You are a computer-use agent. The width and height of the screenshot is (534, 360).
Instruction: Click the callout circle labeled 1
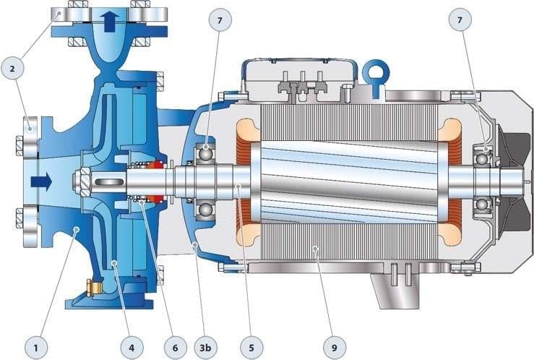(35, 348)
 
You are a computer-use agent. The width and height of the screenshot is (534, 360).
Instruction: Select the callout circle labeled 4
(132, 348)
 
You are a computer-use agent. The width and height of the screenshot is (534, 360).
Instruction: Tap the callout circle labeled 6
(175, 348)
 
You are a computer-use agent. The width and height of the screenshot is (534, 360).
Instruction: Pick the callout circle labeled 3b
(205, 348)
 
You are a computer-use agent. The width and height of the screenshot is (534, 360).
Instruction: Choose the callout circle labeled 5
(251, 348)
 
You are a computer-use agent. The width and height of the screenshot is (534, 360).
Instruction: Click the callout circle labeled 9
(335, 348)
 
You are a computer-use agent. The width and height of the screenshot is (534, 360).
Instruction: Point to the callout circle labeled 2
(12, 69)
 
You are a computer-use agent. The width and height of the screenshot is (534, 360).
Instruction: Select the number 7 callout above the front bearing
(220, 20)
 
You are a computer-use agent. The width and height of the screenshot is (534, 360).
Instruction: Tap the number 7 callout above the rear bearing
(460, 20)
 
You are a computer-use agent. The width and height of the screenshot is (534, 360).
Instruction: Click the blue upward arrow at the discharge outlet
(110, 22)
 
